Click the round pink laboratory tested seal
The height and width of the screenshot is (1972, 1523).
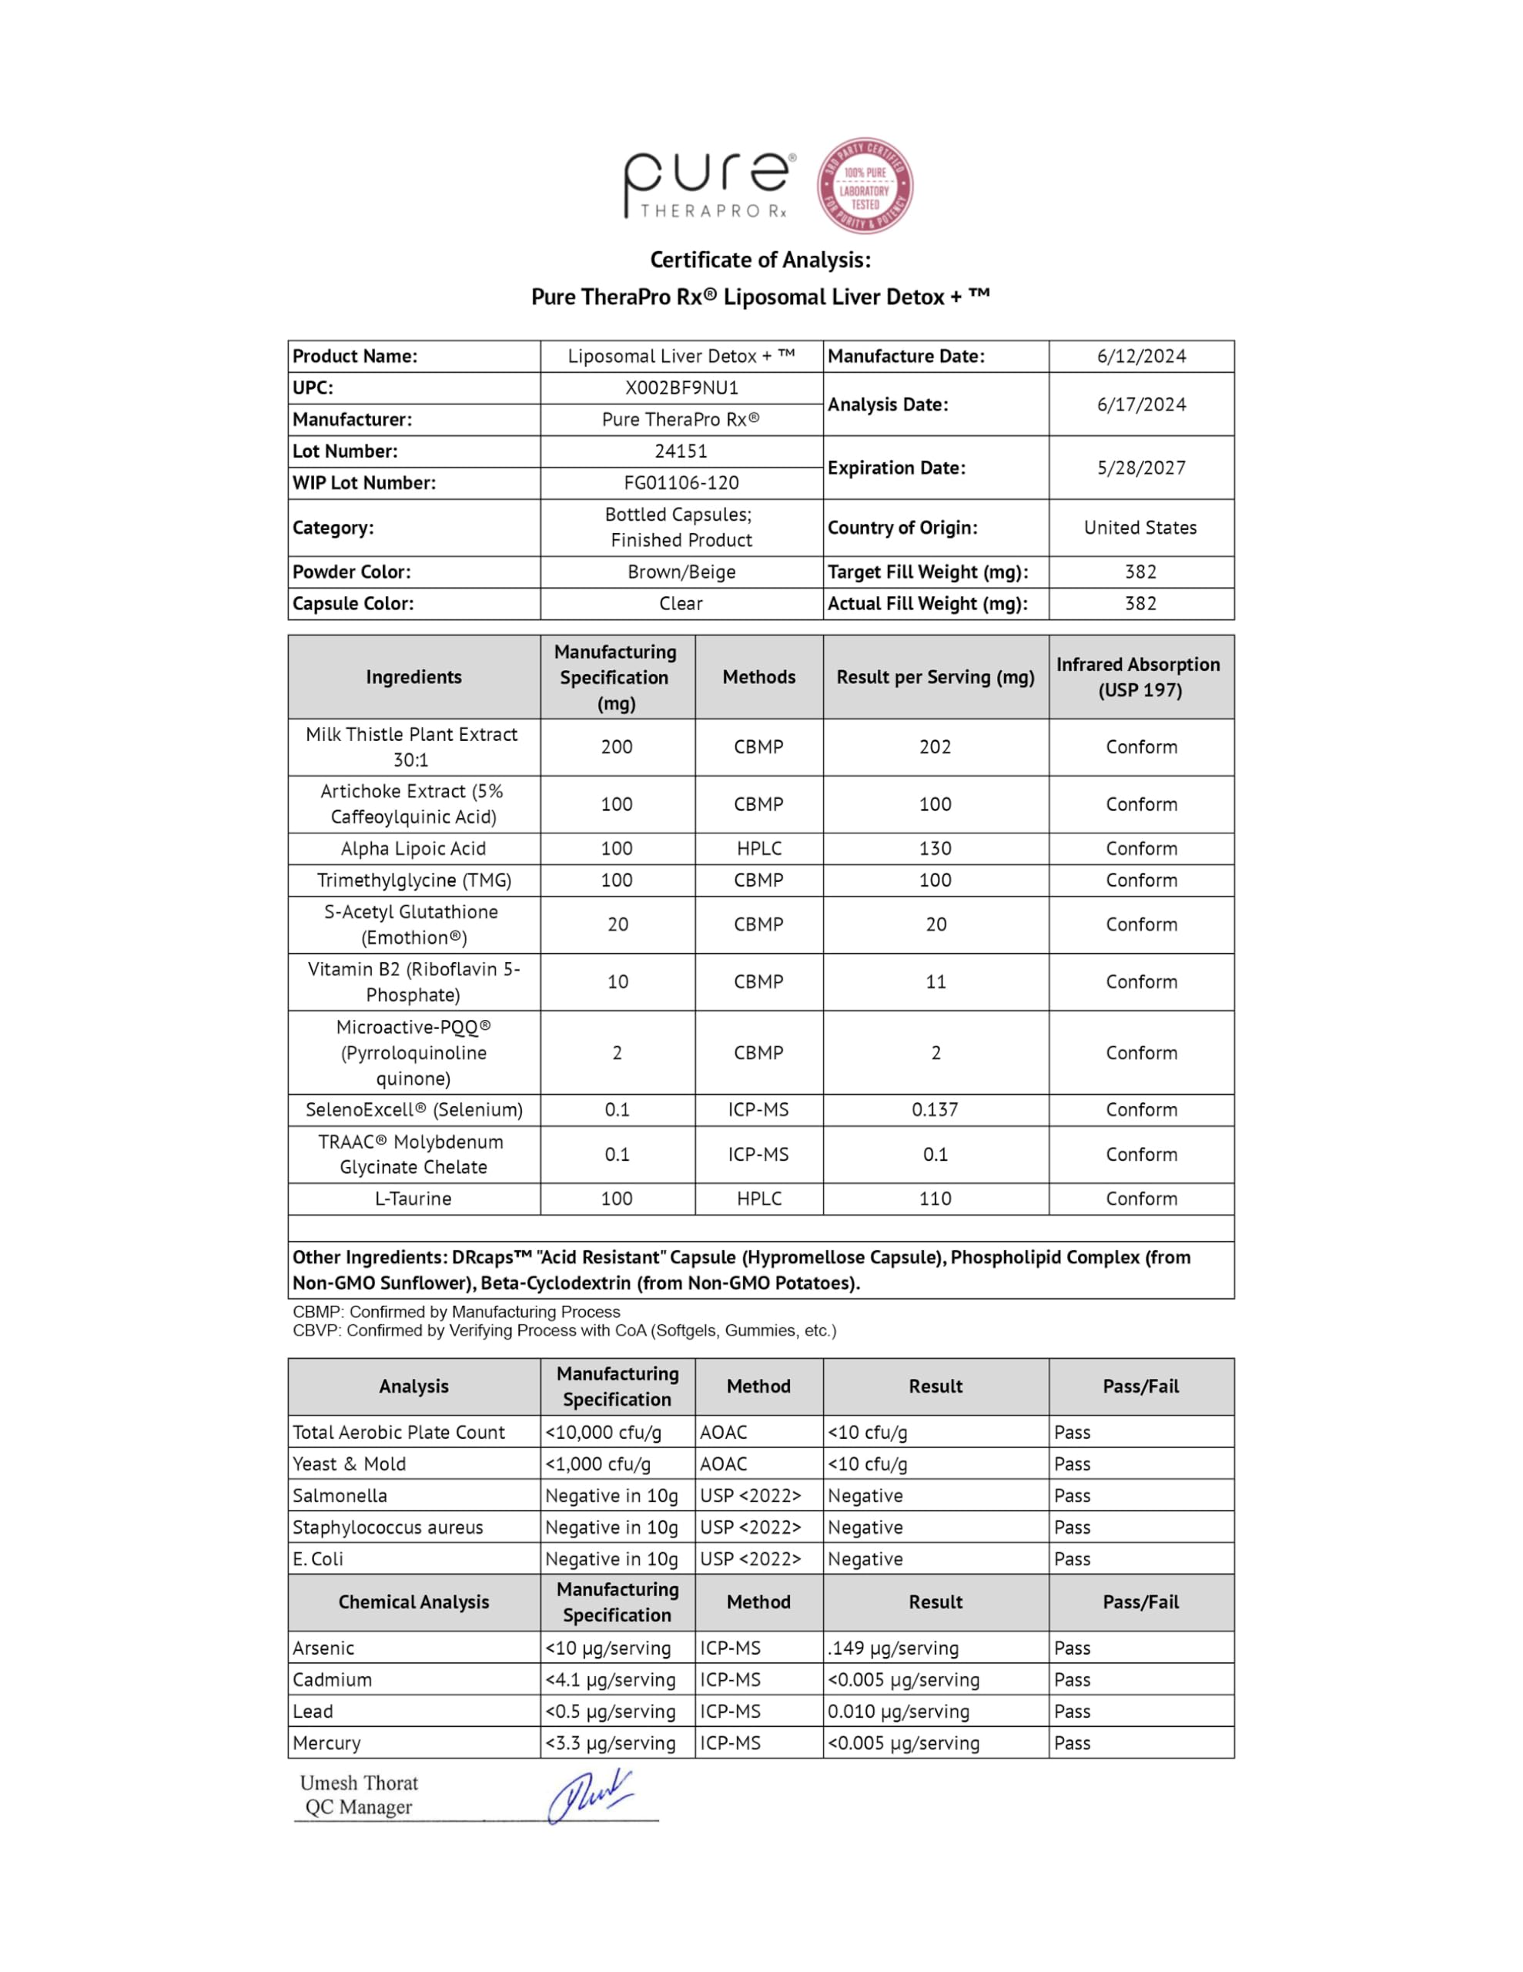(864, 186)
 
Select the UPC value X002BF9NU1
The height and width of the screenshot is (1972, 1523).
(681, 388)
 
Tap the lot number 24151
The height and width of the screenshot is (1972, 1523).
(681, 451)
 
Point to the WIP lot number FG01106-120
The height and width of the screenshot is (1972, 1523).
(681, 483)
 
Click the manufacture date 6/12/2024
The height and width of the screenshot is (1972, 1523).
(1141, 357)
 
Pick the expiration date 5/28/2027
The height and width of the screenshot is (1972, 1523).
(1141, 468)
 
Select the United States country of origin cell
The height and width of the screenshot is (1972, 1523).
(1140, 528)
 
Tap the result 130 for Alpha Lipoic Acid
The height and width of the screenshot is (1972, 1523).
(936, 849)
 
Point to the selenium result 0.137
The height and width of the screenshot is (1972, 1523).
(936, 1110)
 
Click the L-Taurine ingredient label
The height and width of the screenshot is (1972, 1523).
(413, 1199)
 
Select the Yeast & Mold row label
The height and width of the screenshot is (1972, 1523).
(350, 1464)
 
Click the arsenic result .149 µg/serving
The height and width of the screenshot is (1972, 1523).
(893, 1648)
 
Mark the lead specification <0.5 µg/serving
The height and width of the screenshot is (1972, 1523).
(611, 1711)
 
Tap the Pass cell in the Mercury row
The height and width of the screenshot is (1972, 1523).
(1073, 1742)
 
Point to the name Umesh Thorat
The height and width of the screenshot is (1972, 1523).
(360, 1783)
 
